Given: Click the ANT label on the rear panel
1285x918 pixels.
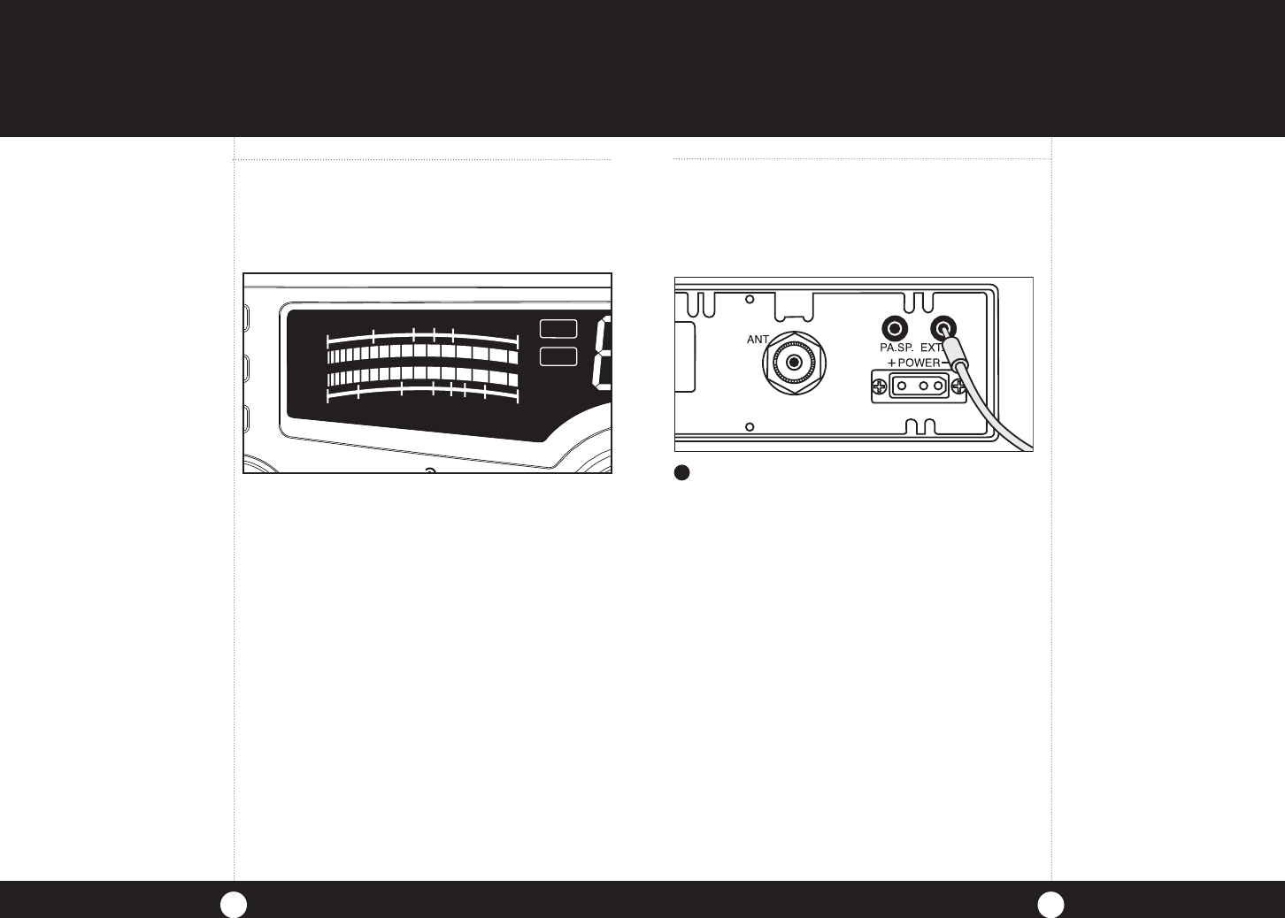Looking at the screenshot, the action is click(758, 340).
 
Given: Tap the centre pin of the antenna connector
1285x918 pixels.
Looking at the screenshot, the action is click(795, 362).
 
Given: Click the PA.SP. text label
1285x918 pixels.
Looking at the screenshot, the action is click(896, 348).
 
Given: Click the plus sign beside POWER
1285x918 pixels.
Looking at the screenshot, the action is click(891, 363).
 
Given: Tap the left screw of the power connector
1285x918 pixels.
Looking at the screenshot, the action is click(879, 386).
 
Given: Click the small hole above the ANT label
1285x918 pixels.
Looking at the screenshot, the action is click(750, 300).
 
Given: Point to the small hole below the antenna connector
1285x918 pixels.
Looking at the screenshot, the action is click(750, 427).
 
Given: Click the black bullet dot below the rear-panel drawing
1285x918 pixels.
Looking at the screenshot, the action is click(682, 472).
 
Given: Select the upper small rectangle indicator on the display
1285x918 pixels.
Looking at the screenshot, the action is click(558, 328).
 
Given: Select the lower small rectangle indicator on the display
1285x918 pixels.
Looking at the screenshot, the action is click(558, 356).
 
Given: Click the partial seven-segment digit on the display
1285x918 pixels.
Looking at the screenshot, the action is click(602, 354).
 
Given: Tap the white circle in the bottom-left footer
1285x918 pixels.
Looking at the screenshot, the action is click(233, 903).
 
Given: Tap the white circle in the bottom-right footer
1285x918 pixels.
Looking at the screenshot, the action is click(1051, 903).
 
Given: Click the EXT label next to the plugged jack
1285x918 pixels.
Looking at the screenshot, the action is click(932, 348).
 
